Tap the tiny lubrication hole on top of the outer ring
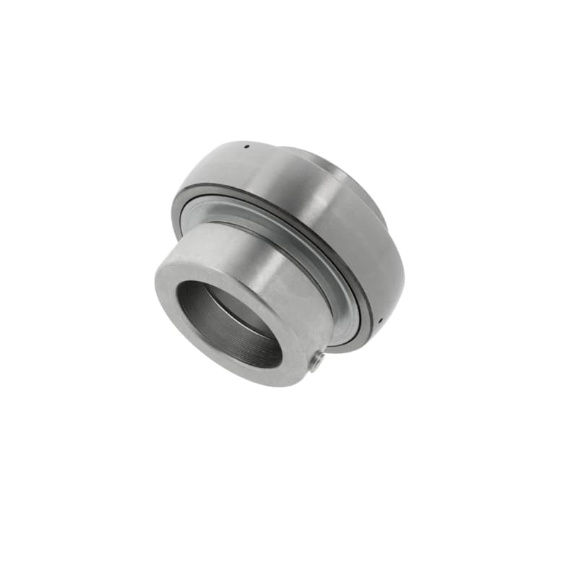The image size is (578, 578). pos(246,147)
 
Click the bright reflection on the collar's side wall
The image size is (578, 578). pos(238,246)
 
